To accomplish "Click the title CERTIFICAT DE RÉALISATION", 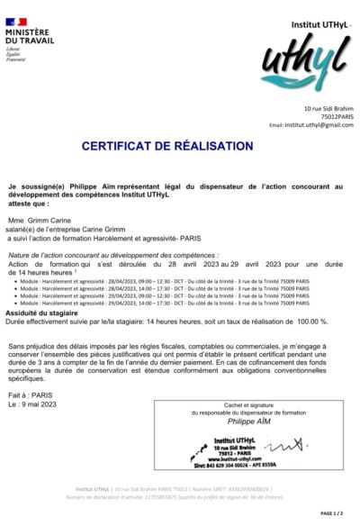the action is click(x=180, y=145).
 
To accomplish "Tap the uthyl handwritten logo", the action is click(x=301, y=66).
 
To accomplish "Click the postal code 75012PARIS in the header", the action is click(x=337, y=117).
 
